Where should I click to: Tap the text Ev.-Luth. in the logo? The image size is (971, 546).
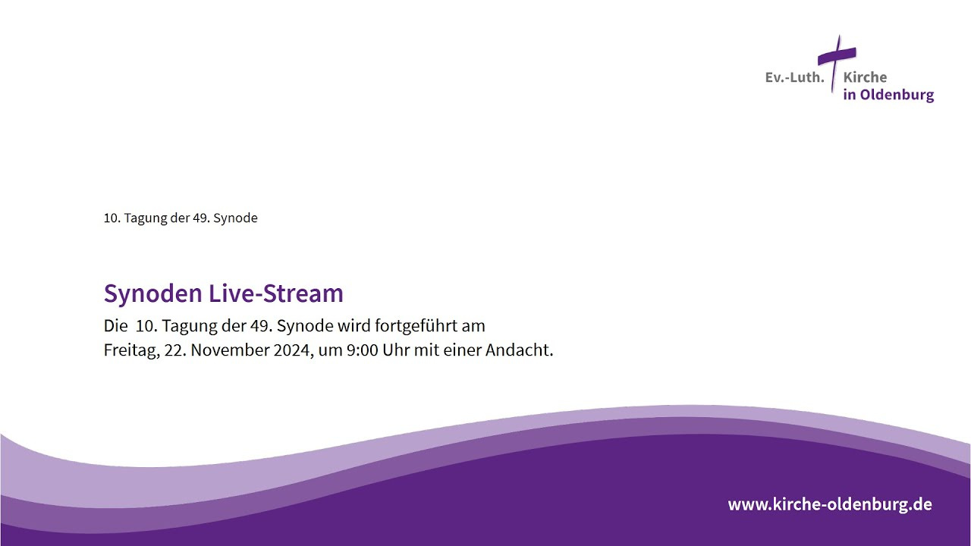point(794,77)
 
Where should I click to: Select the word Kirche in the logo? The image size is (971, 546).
point(865,77)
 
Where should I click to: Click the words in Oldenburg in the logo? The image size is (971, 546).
point(888,95)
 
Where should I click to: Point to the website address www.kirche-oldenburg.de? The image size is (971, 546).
point(830,504)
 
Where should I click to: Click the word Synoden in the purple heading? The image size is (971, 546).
point(153,293)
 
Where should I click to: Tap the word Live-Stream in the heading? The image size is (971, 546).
point(276,293)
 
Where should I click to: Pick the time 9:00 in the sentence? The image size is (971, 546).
point(363,350)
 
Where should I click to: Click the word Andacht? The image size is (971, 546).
point(520,350)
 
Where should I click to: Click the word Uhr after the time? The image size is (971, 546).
point(396,350)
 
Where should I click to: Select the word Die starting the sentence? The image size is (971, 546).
point(116,326)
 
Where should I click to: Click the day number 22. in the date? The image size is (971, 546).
point(175,350)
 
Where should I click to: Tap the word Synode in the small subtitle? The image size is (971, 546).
point(235,218)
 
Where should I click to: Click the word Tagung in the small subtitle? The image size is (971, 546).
point(145,218)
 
